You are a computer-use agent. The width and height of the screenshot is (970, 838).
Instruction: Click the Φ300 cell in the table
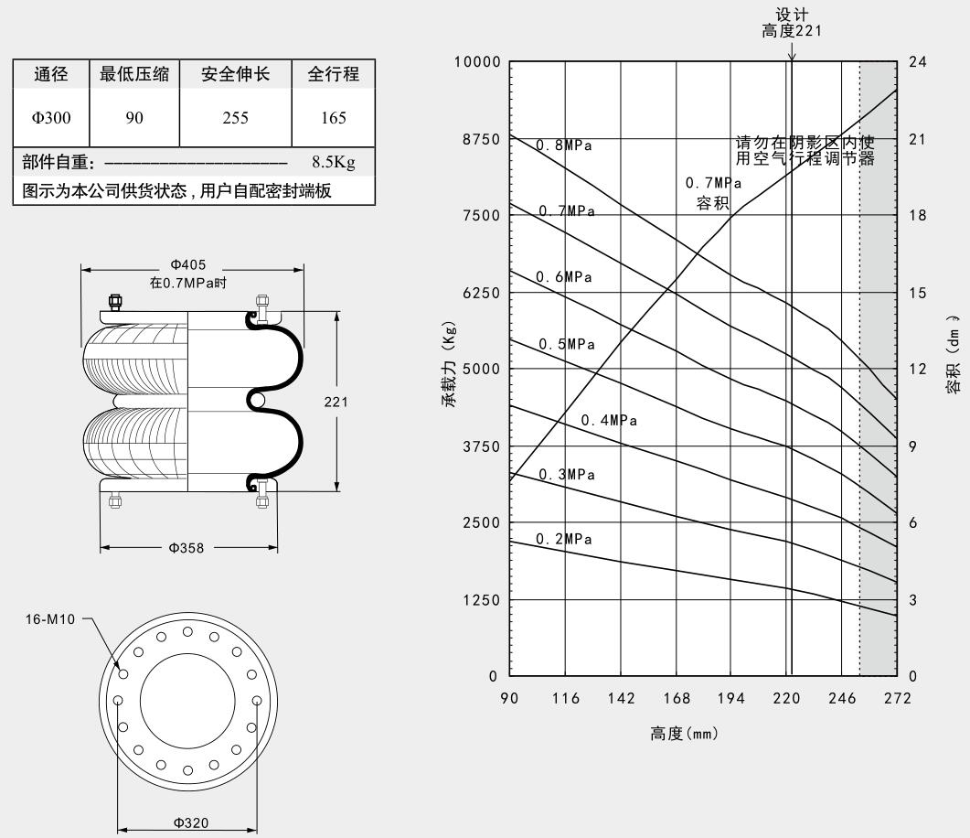tap(51, 117)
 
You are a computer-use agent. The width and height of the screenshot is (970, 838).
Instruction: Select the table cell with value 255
tap(236, 117)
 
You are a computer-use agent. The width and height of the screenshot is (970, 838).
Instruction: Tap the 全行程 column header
tap(334, 75)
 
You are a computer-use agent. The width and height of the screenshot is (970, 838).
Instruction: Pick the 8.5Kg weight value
tap(333, 163)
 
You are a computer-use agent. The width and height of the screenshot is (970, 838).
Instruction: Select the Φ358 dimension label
tap(187, 548)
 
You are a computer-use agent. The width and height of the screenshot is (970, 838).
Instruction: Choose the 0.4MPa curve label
tap(609, 421)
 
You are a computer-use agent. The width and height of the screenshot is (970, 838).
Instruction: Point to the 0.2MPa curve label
tap(564, 539)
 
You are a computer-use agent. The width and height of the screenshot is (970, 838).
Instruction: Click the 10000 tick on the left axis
tap(477, 62)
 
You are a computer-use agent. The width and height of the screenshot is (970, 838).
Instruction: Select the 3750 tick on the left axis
tap(481, 446)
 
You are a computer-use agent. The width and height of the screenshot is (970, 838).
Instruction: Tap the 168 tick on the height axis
tap(677, 698)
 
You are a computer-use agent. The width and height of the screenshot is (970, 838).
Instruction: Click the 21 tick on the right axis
tap(918, 139)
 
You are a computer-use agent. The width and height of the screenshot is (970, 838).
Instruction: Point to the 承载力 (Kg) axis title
tap(451, 363)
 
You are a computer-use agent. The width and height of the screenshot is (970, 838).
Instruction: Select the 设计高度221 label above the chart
tap(792, 23)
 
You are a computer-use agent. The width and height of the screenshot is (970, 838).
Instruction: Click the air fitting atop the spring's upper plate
tap(116, 303)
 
